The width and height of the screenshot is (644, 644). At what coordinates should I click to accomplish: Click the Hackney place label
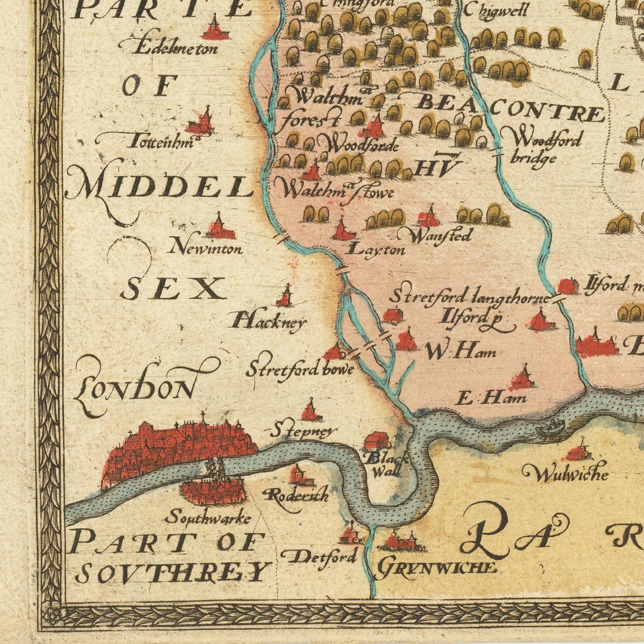tap(268, 322)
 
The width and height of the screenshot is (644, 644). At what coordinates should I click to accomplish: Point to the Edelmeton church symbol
tap(215, 28)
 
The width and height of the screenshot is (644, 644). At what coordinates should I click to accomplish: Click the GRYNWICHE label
tap(436, 567)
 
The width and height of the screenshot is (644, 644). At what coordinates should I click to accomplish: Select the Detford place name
tap(320, 556)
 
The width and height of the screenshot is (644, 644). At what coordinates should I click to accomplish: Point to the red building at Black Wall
tap(375, 440)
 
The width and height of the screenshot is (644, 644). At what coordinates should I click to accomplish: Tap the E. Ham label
tap(491, 398)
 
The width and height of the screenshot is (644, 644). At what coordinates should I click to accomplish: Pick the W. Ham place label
tap(460, 352)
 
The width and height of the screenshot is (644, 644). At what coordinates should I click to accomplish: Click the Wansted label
tap(440, 235)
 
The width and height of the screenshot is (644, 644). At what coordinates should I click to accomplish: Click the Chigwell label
tap(503, 10)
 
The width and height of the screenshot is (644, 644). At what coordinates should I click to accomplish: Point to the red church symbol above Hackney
tap(286, 297)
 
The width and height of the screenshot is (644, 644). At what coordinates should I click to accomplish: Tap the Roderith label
tap(297, 495)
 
